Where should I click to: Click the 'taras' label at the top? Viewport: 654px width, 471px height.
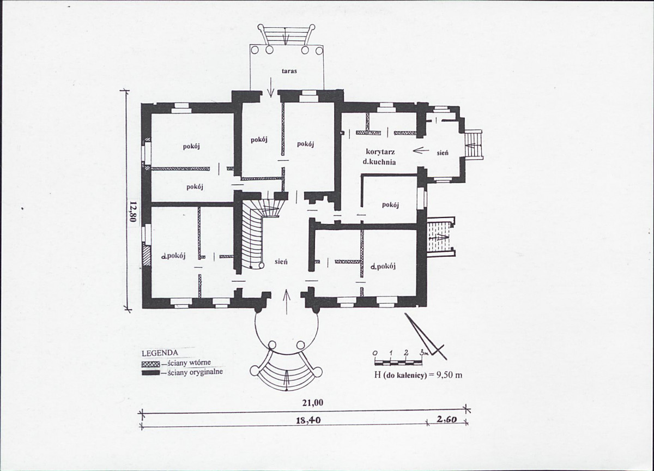[289, 71]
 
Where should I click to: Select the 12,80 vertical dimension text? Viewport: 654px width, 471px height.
[133, 212]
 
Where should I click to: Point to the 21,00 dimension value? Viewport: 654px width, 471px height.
[312, 403]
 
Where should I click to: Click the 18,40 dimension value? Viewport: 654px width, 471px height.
[308, 420]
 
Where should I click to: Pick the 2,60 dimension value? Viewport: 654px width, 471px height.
[447, 419]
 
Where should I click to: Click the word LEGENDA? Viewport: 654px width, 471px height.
[160, 353]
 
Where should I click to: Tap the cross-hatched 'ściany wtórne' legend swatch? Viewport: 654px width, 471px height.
[150, 364]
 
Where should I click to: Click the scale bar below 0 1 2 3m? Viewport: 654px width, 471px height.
[398, 363]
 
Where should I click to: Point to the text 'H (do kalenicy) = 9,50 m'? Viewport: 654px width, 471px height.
[418, 375]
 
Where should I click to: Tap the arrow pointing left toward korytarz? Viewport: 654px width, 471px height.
[421, 150]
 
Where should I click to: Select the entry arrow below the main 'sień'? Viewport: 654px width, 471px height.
[287, 301]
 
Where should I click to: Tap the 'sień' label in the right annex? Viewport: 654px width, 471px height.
[443, 153]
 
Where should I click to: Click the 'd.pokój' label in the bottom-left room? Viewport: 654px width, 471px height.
[173, 256]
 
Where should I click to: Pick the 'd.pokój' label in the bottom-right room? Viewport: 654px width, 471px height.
[383, 267]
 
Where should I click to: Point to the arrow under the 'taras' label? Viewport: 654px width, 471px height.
[271, 87]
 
